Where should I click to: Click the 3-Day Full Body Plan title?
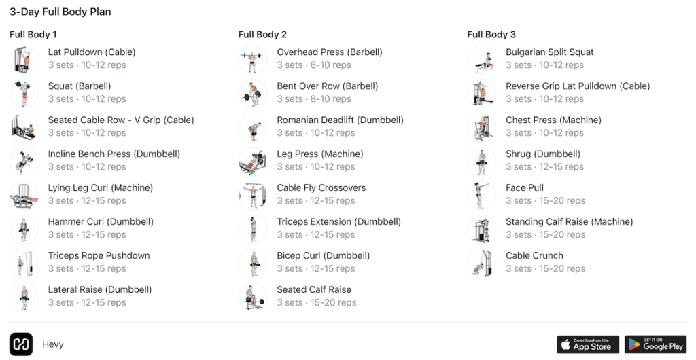click(x=60, y=12)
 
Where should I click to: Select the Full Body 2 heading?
click(x=262, y=35)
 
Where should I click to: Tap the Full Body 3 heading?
click(x=491, y=35)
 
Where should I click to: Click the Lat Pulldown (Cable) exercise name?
click(x=92, y=52)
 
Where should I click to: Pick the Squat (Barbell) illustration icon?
click(x=24, y=94)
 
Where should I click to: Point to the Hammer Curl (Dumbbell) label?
click(x=101, y=222)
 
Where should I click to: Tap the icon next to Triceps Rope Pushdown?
click(x=24, y=264)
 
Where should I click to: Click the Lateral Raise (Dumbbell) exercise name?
click(x=100, y=290)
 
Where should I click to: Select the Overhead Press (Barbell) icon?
click(x=253, y=60)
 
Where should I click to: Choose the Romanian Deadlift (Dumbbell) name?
click(x=340, y=120)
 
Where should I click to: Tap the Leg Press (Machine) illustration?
click(x=253, y=162)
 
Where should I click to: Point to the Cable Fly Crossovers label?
click(x=321, y=188)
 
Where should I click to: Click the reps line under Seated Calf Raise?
click(x=317, y=303)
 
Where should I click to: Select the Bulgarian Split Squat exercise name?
click(x=549, y=52)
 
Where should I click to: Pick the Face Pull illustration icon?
click(x=482, y=196)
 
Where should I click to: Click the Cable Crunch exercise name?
click(x=534, y=256)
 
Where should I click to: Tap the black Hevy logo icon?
click(x=21, y=344)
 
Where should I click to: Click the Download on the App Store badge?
click(x=588, y=344)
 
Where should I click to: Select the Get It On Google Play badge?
click(x=656, y=344)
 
